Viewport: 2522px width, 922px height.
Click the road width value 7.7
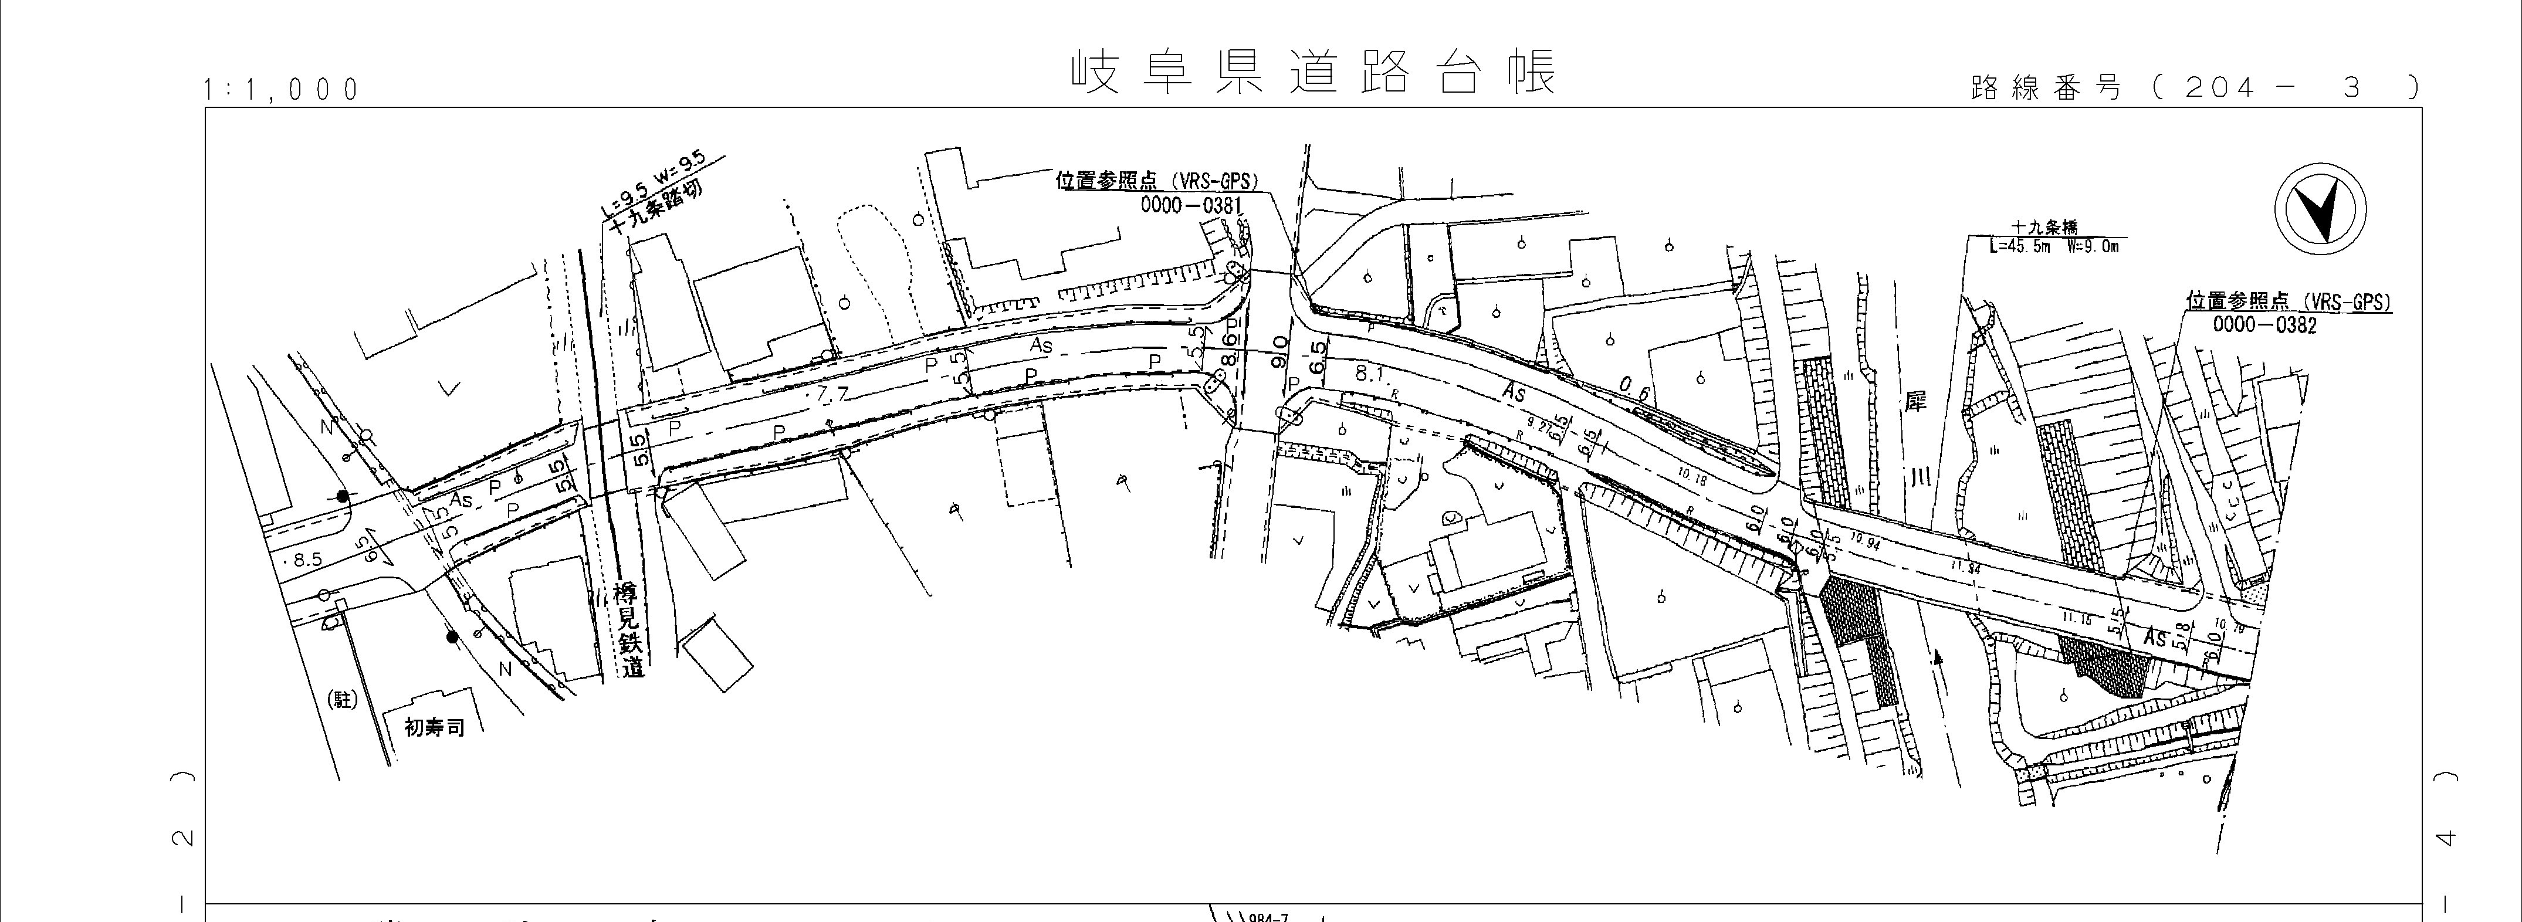tap(833, 395)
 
